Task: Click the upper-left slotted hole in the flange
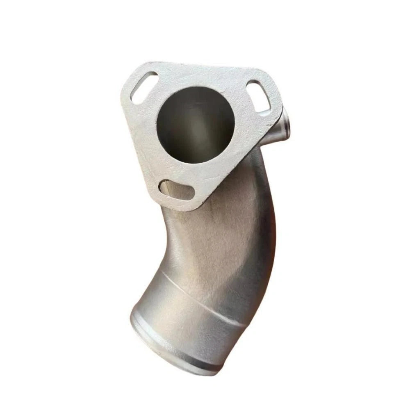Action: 143,87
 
